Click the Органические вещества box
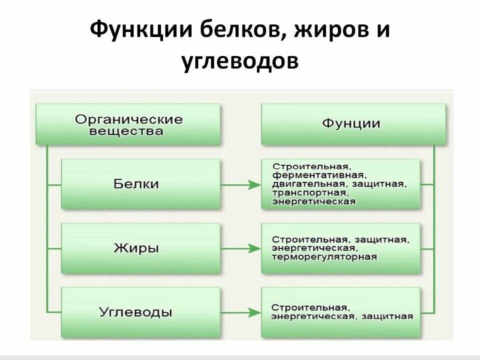(128, 124)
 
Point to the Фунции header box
(353, 124)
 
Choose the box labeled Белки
(140, 184)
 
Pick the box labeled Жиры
(140, 248)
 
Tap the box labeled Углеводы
(140, 312)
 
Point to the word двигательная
(308, 184)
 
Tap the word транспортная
(309, 193)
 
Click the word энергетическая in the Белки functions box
(314, 202)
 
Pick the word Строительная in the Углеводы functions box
(309, 307)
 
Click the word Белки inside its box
(136, 184)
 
